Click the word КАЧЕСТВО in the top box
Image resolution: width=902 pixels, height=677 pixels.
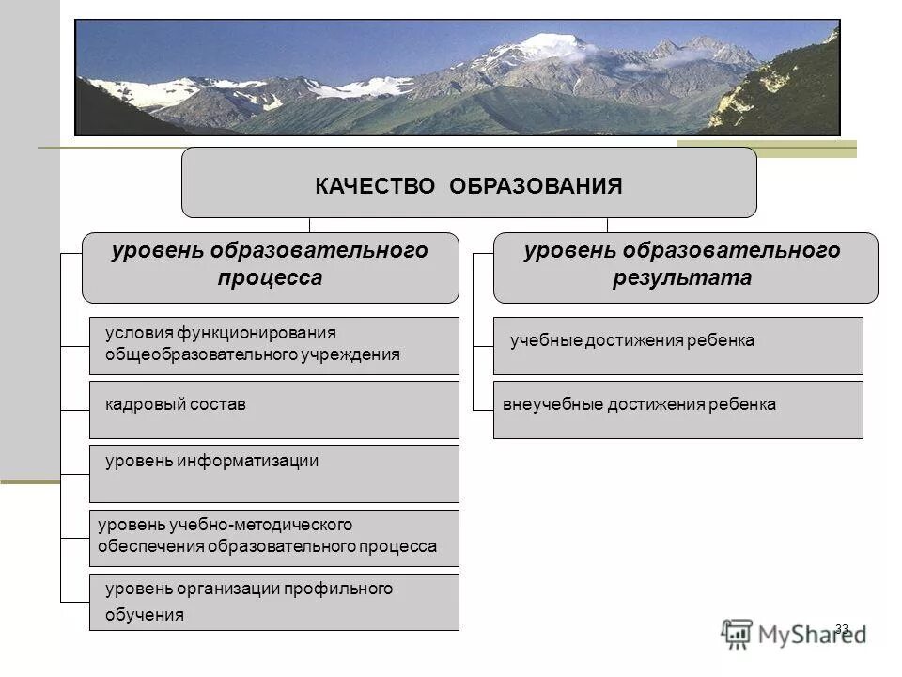click(x=375, y=185)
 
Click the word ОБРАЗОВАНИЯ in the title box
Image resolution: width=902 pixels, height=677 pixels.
click(x=536, y=185)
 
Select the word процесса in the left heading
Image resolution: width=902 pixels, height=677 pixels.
click(x=271, y=278)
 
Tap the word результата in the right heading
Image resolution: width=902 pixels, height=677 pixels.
click(x=684, y=278)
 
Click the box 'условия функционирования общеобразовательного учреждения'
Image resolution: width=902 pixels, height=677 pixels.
click(x=273, y=346)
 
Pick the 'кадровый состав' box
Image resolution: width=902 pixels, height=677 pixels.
click(x=273, y=410)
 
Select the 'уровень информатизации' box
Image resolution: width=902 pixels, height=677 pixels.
click(x=273, y=474)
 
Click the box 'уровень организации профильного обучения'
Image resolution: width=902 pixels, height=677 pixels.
click(x=273, y=602)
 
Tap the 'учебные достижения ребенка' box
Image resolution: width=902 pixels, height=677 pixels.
click(x=677, y=346)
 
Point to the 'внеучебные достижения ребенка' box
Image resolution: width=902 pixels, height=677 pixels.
click(x=677, y=410)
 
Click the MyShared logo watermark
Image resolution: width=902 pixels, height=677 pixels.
click(x=794, y=634)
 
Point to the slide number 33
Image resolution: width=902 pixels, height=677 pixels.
click(x=841, y=628)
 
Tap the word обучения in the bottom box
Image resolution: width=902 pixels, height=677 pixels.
click(x=144, y=616)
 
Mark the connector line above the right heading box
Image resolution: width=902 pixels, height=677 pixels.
click(x=607, y=225)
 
